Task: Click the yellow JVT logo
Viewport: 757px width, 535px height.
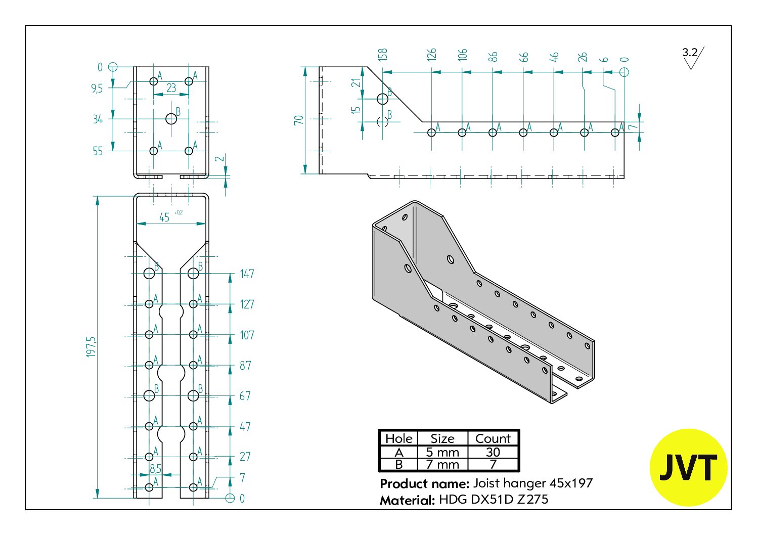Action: (688, 467)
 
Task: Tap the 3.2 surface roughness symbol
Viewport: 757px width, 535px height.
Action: (693, 58)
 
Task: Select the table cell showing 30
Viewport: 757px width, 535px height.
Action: (493, 452)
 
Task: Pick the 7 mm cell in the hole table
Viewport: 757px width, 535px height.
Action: (442, 464)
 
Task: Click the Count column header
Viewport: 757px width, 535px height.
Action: (493, 438)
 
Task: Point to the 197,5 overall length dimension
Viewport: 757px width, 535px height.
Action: (91, 347)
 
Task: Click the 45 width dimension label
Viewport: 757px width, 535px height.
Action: (164, 217)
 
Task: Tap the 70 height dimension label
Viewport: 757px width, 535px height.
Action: (298, 120)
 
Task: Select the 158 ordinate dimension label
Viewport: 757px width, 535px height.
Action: (382, 55)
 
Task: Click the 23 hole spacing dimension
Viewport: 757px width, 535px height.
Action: (171, 88)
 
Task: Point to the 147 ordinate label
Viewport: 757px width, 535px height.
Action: (247, 274)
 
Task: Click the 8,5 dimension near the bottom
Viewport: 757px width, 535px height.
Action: (155, 469)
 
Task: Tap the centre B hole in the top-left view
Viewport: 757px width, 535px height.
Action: (171, 119)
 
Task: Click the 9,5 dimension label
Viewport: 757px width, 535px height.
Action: (97, 88)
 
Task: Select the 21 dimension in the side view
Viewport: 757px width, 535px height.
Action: (356, 82)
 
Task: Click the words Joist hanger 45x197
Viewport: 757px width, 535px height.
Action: (532, 483)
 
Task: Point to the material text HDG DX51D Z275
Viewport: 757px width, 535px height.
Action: (494, 499)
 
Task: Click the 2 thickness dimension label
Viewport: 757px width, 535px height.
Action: (219, 158)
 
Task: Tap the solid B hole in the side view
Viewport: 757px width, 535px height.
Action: (383, 99)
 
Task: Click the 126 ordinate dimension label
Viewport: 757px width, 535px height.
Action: (431, 55)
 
